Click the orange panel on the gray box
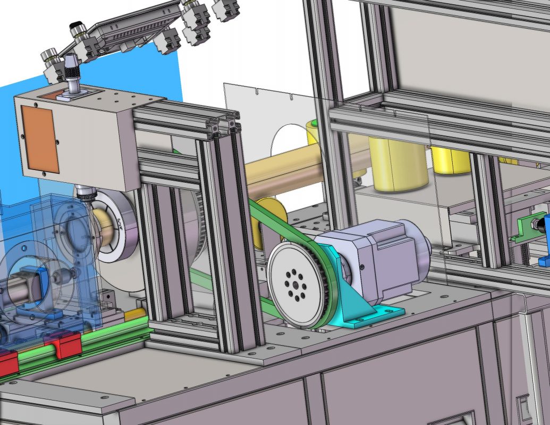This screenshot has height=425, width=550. click(40, 139)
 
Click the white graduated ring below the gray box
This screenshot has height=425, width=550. click(115, 226)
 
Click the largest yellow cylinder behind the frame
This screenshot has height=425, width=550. click(399, 165)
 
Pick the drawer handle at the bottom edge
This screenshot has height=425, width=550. click(452, 419)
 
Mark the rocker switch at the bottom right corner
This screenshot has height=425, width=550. click(524, 409)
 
